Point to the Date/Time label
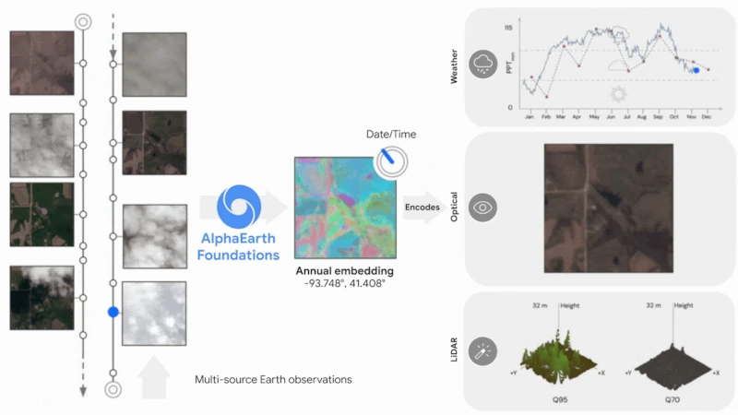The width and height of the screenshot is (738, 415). tap(391, 135)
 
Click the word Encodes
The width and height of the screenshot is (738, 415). tap(423, 207)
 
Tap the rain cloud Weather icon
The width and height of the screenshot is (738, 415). tap(482, 65)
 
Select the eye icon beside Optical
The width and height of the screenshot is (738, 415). tap(482, 207)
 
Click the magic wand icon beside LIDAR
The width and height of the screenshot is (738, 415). tap(482, 351)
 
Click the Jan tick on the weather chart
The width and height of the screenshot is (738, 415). tap(530, 118)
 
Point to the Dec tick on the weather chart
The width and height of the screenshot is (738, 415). tap(706, 118)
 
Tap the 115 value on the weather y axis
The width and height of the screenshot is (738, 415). tap(508, 29)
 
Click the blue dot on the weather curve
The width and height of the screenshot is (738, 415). tap(696, 69)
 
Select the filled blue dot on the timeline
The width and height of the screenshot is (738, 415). tap(113, 313)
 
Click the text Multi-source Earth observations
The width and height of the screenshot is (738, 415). tap(273, 379)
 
